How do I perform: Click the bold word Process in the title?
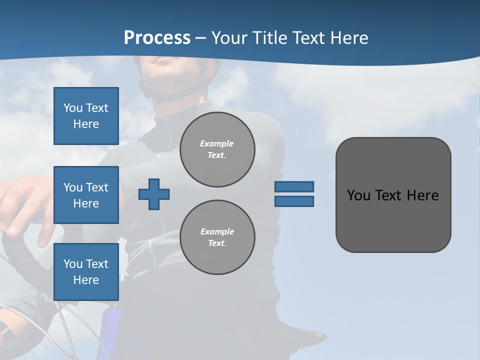click(157, 37)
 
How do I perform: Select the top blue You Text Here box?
click(86, 116)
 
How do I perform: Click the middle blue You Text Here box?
click(86, 195)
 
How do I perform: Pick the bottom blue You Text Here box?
click(86, 272)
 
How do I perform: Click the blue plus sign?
click(154, 194)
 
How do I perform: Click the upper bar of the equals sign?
click(294, 186)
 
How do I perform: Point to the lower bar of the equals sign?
click(294, 201)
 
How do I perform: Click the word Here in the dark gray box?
click(422, 195)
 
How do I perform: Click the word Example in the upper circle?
click(217, 143)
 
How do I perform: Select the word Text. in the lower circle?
click(217, 243)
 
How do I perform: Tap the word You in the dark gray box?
click(358, 195)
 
